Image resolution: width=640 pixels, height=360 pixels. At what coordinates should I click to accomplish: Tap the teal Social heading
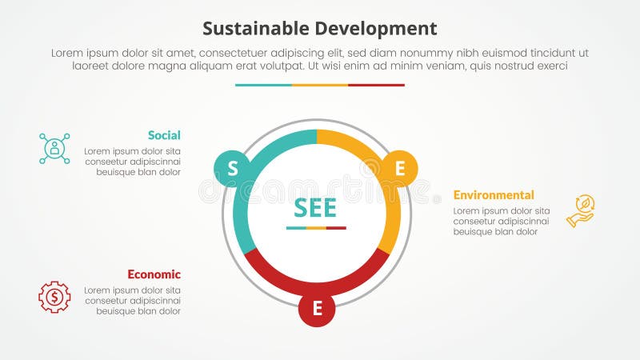(164, 135)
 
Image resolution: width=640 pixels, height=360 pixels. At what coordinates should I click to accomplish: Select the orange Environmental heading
(494, 194)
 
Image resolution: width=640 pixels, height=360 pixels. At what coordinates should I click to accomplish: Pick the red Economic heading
(154, 274)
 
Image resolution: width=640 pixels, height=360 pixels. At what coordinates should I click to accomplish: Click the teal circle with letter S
(232, 168)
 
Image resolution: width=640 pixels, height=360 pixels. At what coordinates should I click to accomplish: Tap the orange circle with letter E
(400, 168)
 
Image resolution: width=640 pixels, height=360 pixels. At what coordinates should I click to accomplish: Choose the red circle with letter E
(317, 310)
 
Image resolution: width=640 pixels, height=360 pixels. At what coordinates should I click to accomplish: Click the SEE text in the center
(315, 207)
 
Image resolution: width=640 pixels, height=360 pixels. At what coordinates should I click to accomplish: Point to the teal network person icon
(54, 149)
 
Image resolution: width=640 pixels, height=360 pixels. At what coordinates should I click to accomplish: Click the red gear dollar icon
(54, 297)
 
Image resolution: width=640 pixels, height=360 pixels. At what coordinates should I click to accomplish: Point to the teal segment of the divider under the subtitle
(263, 85)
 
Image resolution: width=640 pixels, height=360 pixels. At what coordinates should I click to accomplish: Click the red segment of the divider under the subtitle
(376, 85)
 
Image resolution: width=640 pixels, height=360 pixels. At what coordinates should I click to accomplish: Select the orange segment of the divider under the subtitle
(320, 85)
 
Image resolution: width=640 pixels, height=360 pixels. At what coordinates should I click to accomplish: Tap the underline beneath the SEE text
(316, 228)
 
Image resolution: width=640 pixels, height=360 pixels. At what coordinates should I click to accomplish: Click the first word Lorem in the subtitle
(68, 53)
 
